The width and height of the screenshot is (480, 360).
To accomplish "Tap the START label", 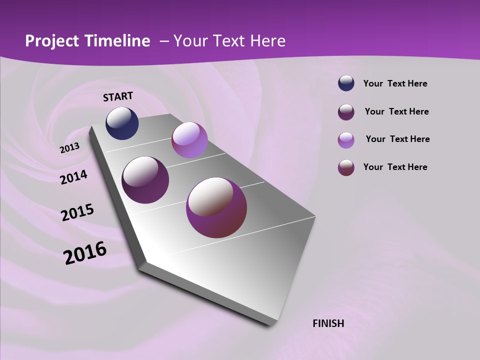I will [x=118, y=96].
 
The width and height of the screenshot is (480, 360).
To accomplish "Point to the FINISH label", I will [x=328, y=323].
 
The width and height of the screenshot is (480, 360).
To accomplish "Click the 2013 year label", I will [x=69, y=148].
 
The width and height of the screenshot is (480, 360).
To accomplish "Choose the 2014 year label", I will [x=73, y=177].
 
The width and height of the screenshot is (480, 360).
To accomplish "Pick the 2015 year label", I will [x=77, y=212].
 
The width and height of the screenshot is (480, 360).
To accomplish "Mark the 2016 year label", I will [x=85, y=252].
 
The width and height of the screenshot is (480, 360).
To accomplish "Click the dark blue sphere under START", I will [x=122, y=123].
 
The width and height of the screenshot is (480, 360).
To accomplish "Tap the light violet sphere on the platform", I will [x=189, y=140].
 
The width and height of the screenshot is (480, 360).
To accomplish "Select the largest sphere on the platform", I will [x=216, y=207].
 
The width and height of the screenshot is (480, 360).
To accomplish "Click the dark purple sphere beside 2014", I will [x=145, y=180].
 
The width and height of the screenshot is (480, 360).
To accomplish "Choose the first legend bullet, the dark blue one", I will [x=346, y=83].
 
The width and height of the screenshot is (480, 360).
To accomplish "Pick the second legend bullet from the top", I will [x=346, y=112].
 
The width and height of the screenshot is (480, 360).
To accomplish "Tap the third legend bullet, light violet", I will [x=346, y=140].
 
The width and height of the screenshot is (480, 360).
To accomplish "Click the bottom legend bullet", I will [x=346, y=167].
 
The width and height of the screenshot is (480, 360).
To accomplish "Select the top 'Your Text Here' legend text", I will [x=395, y=83].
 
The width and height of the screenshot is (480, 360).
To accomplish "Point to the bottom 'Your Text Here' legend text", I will [x=395, y=167].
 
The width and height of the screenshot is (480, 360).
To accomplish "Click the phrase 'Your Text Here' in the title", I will [x=229, y=41].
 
